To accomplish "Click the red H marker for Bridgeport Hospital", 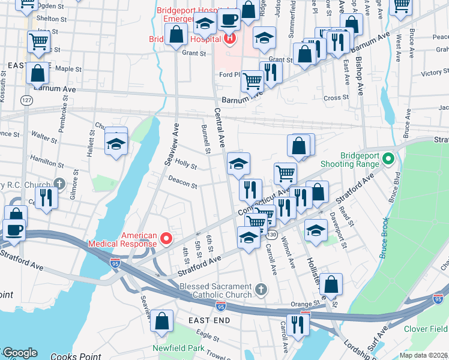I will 229,40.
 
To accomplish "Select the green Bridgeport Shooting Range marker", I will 388,159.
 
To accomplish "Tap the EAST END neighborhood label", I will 209,321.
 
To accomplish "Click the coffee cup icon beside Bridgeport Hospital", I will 229,20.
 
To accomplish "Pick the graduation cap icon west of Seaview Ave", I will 116,143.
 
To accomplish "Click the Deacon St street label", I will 182,182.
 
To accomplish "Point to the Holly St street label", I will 186,165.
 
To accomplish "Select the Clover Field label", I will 426,329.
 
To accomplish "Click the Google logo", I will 19,353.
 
